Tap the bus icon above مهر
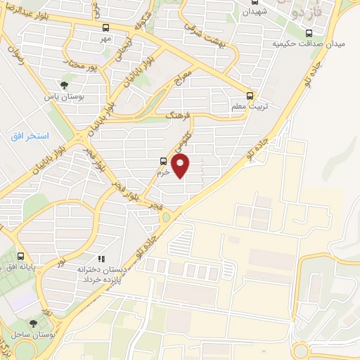point(105,28)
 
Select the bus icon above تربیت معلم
point(251,96)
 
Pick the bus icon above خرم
point(164,161)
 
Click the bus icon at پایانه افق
point(20,257)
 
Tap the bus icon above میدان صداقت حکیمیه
point(309,32)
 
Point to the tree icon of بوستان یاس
point(64,85)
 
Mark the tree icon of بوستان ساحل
point(33,323)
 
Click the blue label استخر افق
point(29,135)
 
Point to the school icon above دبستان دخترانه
point(102,259)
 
